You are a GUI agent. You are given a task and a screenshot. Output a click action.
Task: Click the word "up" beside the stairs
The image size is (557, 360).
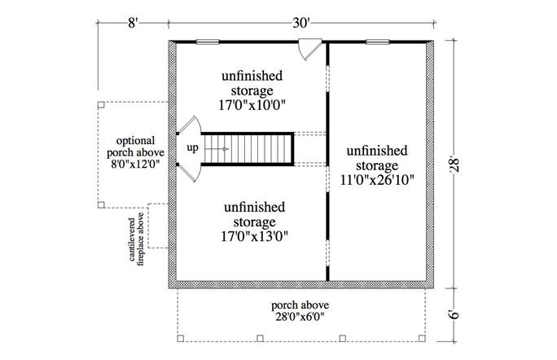[193, 148]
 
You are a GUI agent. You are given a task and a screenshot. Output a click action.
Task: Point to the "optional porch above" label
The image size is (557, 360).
[135, 147]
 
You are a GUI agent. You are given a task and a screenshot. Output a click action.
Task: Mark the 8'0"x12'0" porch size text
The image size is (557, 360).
[135, 164]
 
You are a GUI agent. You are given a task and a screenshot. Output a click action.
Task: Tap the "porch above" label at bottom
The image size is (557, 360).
[300, 305]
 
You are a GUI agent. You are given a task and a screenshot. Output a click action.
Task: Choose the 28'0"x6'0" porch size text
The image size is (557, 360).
[300, 318]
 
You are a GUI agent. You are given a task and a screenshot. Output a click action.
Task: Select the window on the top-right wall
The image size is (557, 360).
[376, 41]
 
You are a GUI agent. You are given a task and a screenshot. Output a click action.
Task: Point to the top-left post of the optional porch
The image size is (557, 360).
[99, 105]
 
